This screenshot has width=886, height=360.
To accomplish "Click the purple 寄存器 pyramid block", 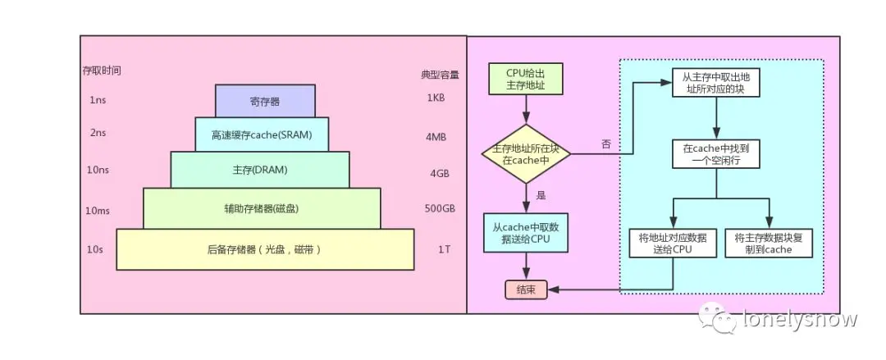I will click(265, 102).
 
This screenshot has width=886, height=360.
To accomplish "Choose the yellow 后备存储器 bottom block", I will click(264, 248).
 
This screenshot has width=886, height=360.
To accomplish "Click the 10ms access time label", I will click(98, 211).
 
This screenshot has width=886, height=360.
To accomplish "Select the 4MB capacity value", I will click(436, 137).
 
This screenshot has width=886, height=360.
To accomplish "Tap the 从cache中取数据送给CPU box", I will click(525, 232).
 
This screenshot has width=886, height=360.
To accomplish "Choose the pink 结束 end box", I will click(526, 289).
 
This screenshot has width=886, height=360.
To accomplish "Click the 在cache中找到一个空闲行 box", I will click(716, 153).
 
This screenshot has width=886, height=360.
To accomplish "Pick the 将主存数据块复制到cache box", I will click(769, 244).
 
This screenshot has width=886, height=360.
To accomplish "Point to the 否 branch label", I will click(606, 144).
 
